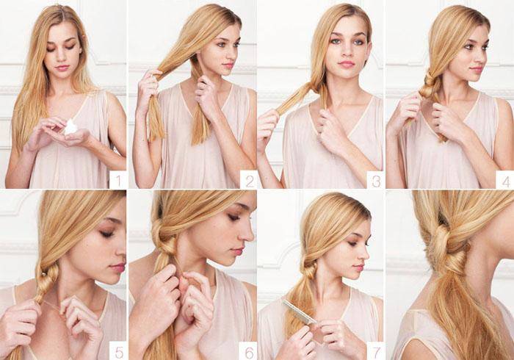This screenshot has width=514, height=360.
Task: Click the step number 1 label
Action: point(117,180)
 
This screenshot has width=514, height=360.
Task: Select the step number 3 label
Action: point(375,180)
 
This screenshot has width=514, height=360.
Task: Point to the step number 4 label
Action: point(505,180)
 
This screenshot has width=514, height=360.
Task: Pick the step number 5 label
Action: point(118,351)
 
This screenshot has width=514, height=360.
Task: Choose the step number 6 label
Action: point(248,351)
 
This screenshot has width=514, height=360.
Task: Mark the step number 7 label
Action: point(376,351)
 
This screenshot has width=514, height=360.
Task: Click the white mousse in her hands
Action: point(70,127)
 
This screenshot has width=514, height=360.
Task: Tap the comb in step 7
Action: point(300,312)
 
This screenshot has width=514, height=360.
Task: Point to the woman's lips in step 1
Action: point(62,68)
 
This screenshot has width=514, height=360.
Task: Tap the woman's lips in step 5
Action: point(119,267)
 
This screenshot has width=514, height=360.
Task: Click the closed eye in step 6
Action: point(234,217)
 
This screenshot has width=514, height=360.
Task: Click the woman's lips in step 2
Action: point(228,65)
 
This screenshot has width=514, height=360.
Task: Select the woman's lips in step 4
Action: point(476,70)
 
